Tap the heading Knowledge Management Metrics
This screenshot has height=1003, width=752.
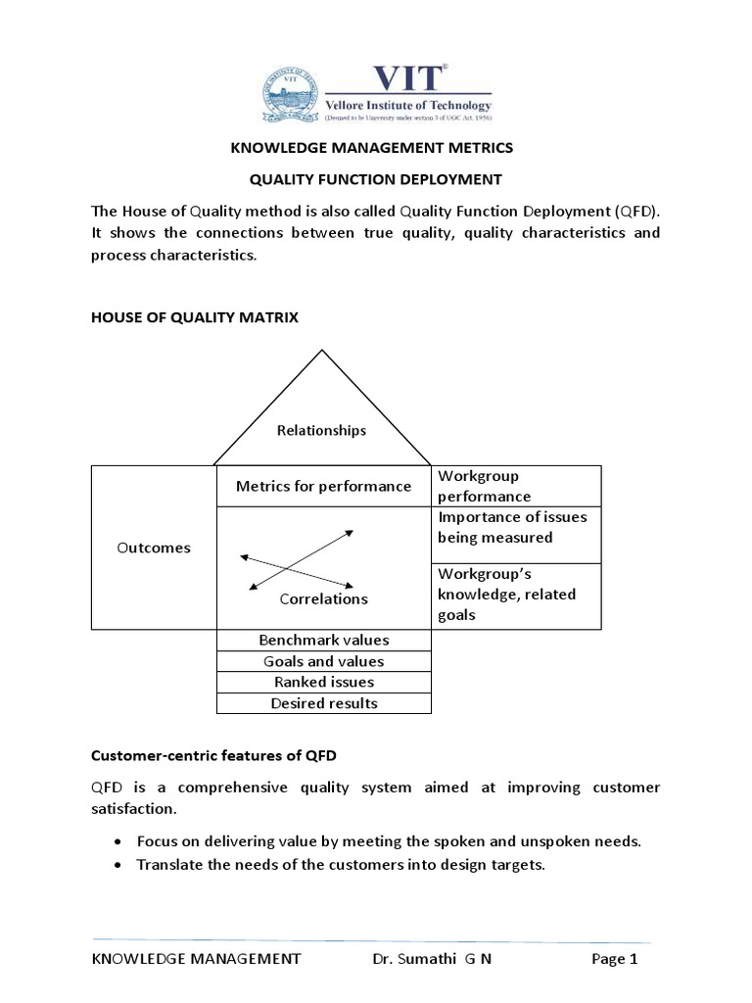[x=371, y=148]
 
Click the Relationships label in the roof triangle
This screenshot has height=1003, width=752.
[x=321, y=430]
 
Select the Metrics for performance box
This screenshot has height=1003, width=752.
[x=323, y=486]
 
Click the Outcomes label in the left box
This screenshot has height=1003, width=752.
[x=153, y=548]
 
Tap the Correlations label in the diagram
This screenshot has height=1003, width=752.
[x=323, y=598]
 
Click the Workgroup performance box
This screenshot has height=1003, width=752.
[x=515, y=486]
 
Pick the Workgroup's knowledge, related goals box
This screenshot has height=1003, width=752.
[x=515, y=595]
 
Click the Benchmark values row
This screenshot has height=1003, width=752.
[x=323, y=640]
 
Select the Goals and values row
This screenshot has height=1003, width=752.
[x=323, y=661]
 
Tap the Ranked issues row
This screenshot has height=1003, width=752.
[x=323, y=682]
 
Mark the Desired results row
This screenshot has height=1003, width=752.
[x=323, y=703]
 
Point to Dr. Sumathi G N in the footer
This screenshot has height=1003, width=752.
[x=432, y=960]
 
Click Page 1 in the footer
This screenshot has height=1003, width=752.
[x=615, y=960]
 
